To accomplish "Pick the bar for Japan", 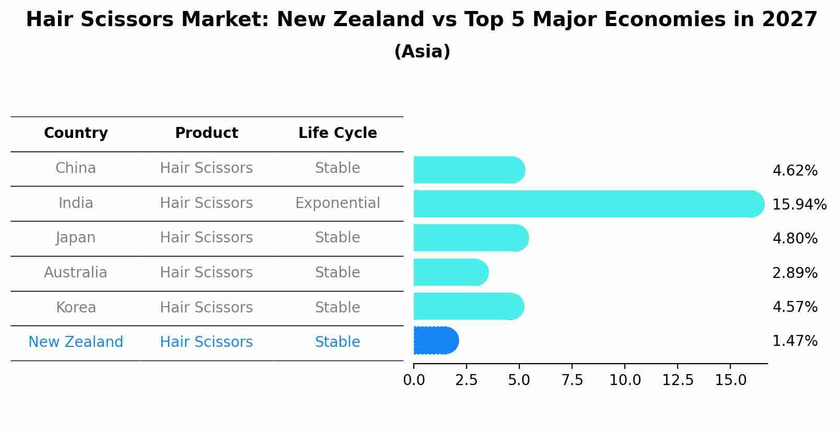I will tap(470, 238).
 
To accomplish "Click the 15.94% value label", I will tap(799, 204).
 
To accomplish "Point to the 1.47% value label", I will tap(795, 341).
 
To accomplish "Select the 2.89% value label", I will tap(795, 273).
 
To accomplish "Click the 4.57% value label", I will tap(795, 307).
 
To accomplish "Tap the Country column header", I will tap(76, 133).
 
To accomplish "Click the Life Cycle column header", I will tap(337, 133).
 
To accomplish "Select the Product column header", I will tap(206, 133).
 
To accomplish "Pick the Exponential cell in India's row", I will tap(337, 203).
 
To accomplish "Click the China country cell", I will tap(76, 168).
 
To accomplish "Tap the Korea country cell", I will tap(76, 307).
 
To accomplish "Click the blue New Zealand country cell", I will tap(76, 342).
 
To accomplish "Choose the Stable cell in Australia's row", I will tap(337, 273).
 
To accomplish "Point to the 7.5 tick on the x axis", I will tap(572, 380).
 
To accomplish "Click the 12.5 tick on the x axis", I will tap(678, 380).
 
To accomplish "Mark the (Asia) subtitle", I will tap(422, 52).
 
